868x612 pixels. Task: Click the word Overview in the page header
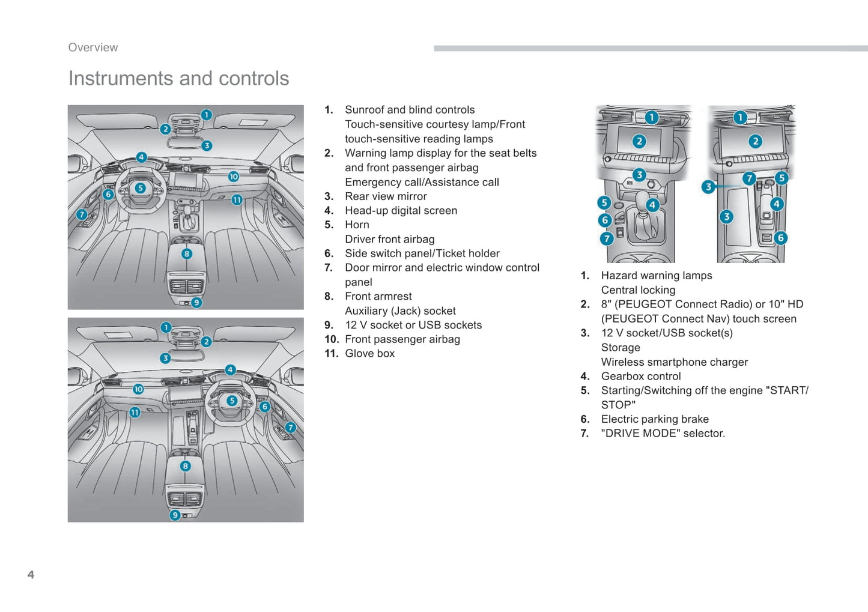pyautogui.click(x=93, y=47)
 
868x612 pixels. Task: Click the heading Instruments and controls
pyautogui.click(x=178, y=78)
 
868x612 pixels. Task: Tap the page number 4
pyautogui.click(x=31, y=574)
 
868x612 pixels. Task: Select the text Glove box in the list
pyautogui.click(x=369, y=353)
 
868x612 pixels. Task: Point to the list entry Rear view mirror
pyautogui.click(x=386, y=196)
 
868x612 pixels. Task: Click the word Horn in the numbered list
pyautogui.click(x=357, y=225)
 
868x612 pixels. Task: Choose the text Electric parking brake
pyautogui.click(x=655, y=419)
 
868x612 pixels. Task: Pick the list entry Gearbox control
pyautogui.click(x=641, y=376)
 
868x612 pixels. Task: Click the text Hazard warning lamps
pyautogui.click(x=657, y=276)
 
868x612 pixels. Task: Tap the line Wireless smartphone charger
pyautogui.click(x=674, y=362)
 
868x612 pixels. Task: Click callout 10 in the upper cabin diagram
pyautogui.click(x=233, y=177)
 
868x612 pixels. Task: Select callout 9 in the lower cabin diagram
pyautogui.click(x=175, y=515)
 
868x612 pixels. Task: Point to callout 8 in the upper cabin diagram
pyautogui.click(x=187, y=253)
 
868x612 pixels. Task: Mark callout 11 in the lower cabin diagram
pyautogui.click(x=135, y=412)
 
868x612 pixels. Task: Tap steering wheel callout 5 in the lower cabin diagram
pyautogui.click(x=232, y=401)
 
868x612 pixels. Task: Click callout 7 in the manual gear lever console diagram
pyautogui.click(x=607, y=238)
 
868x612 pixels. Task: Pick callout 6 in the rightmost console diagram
pyautogui.click(x=780, y=238)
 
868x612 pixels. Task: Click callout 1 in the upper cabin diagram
pyautogui.click(x=207, y=115)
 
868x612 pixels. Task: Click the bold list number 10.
pyautogui.click(x=332, y=339)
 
